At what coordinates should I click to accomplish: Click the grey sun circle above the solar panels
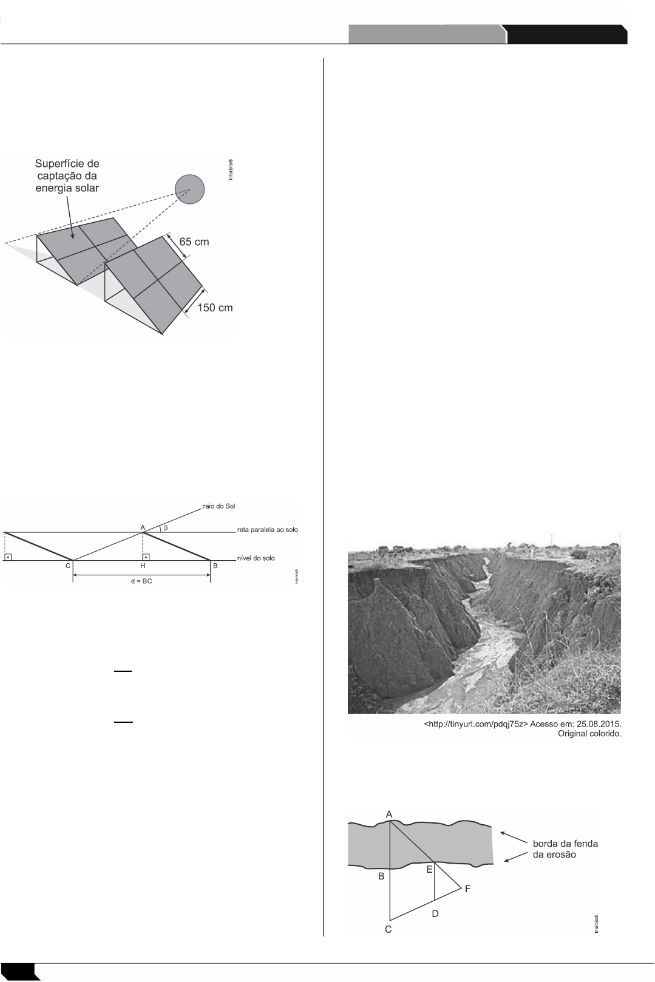pos(189,189)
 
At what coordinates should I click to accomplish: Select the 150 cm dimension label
pos(216,308)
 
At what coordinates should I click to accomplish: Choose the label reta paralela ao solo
pos(267,530)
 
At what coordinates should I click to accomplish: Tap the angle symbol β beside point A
pos(165,528)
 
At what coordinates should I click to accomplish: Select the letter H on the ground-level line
pos(143,566)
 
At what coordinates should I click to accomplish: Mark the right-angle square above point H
pos(146,556)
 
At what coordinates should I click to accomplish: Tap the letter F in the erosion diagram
pos(467,889)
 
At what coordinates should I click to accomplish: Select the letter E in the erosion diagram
pos(429,870)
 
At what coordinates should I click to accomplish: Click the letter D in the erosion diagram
pos(435,913)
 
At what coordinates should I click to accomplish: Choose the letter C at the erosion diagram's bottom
pos(388,929)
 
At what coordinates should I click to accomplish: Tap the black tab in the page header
pos(566,35)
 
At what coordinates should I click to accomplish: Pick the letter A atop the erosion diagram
pos(389,814)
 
